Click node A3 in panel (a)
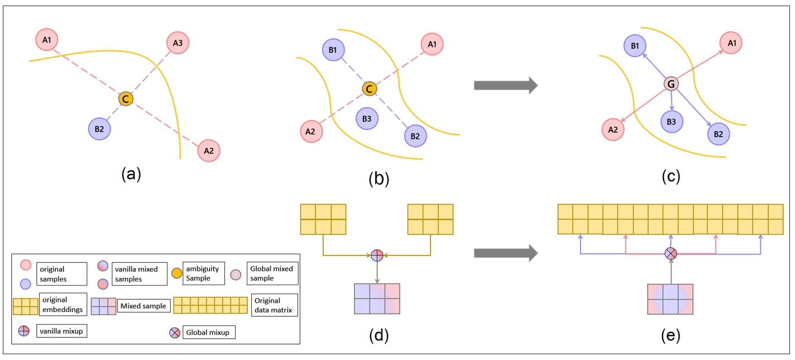pos(177,43)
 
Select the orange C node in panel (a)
pos(126,99)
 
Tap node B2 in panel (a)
pos(99,129)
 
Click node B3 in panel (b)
pos(367,119)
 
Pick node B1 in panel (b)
pos(333,50)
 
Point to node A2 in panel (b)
pos(311,132)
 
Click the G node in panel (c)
pos(671,84)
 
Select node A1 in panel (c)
pos(731,43)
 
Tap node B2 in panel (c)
pos(718,134)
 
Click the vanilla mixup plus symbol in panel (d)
pos(377,256)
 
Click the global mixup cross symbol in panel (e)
pos(671,253)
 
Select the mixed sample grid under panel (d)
pos(377,299)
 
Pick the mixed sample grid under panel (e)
pos(670,299)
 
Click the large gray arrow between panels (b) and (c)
pos(505,85)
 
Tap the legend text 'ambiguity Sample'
pos(203,273)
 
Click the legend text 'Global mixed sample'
pos(272,273)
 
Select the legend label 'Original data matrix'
pos(274,305)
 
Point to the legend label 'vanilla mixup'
pos(61,331)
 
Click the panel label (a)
pos(131,174)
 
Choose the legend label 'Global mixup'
pos(208,332)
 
